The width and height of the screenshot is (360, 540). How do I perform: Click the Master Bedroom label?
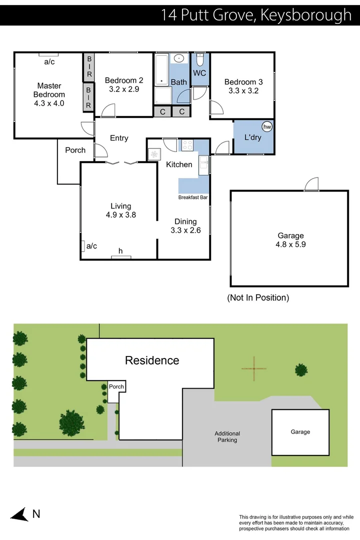pyautogui.click(x=49, y=90)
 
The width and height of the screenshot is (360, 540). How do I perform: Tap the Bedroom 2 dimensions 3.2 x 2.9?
pyautogui.click(x=123, y=89)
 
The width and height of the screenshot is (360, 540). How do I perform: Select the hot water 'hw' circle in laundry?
pyautogui.click(x=267, y=127)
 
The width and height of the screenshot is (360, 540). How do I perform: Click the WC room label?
pyautogui.click(x=199, y=73)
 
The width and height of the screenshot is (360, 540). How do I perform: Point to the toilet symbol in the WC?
pyautogui.click(x=199, y=59)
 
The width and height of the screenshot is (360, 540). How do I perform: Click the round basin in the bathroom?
pyautogui.click(x=179, y=59)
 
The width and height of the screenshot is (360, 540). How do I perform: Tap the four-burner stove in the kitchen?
pyautogui.click(x=187, y=145)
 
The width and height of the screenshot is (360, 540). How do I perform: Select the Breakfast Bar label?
pyautogui.click(x=193, y=197)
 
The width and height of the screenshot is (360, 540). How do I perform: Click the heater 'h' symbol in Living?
pyautogui.click(x=120, y=251)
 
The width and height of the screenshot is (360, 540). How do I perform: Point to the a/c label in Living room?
pyautogui.click(x=91, y=246)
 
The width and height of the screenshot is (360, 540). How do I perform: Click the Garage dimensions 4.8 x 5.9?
pyautogui.click(x=290, y=245)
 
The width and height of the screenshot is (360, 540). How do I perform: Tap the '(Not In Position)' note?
pyautogui.click(x=258, y=298)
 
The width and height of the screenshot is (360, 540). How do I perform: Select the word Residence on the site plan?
pyautogui.click(x=152, y=360)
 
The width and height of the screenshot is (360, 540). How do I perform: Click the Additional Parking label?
pyautogui.click(x=227, y=437)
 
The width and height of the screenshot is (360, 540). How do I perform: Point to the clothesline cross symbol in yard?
pyautogui.click(x=254, y=369)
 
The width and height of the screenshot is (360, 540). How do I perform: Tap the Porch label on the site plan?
pyautogui.click(x=116, y=386)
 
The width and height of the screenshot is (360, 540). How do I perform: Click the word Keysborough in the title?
pyautogui.click(x=306, y=14)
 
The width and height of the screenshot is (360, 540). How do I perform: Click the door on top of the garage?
pyautogui.click(x=311, y=184)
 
